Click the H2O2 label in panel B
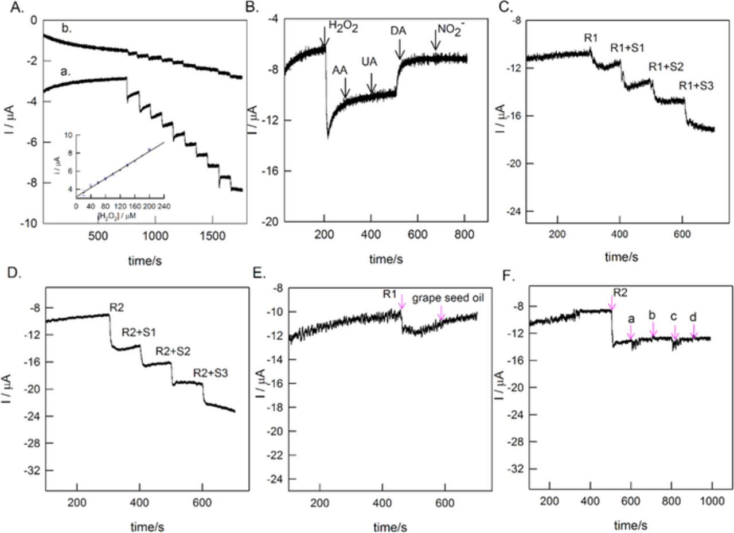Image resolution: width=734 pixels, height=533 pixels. pyautogui.click(x=343, y=26)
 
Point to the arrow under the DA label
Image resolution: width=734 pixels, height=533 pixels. pyautogui.click(x=400, y=52)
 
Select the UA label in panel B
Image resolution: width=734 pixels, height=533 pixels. pyautogui.click(x=369, y=62)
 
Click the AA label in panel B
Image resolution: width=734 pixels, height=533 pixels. pyautogui.click(x=340, y=69)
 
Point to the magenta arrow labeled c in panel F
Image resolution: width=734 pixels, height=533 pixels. pyautogui.click(x=675, y=332)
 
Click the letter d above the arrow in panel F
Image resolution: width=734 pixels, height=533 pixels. pyautogui.click(x=693, y=317)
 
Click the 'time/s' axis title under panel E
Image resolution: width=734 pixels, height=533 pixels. pyautogui.click(x=390, y=527)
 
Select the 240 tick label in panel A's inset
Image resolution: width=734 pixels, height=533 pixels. pyautogui.click(x=165, y=205)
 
